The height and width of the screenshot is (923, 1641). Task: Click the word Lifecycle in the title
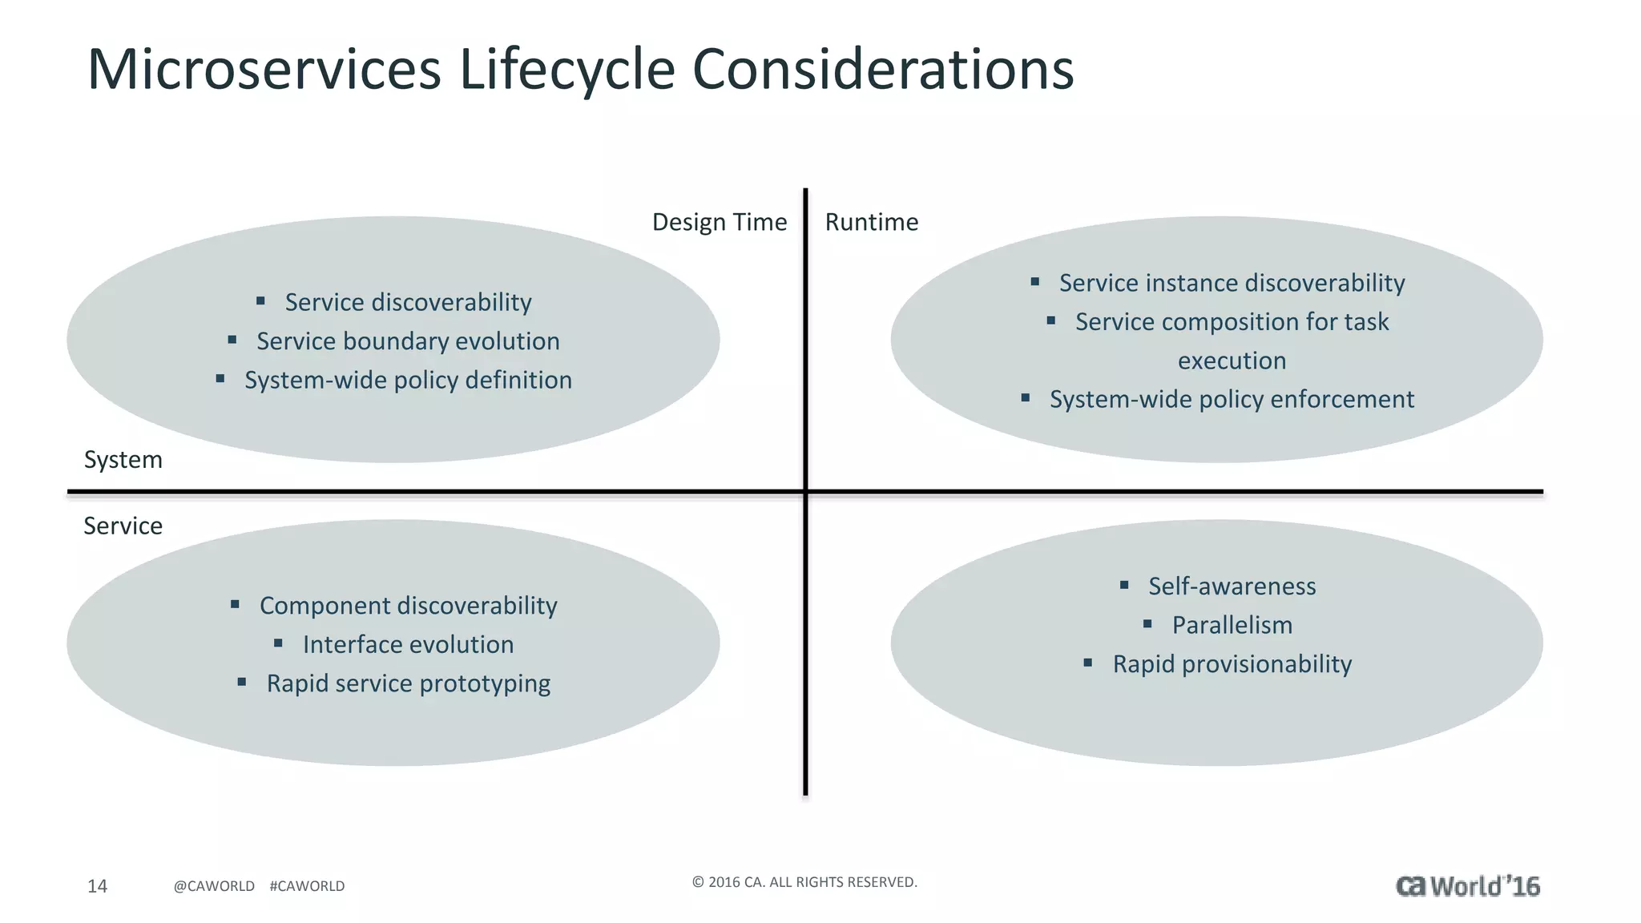[x=567, y=70]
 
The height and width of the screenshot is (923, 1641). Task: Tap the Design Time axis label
[x=719, y=222]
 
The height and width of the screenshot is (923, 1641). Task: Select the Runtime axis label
[x=871, y=222]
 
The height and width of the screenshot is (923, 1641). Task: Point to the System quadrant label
[x=123, y=460]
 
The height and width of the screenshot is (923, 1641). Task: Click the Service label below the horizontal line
[x=123, y=526]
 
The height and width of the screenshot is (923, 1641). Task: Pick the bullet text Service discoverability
[x=408, y=302]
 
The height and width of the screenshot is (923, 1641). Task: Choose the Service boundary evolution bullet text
[x=408, y=341]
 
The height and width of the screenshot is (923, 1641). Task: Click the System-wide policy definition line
[x=408, y=380]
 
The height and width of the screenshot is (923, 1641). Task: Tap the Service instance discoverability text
[x=1232, y=283]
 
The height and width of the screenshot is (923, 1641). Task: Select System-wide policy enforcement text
[x=1232, y=399]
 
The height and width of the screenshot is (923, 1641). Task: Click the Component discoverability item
[x=408, y=606]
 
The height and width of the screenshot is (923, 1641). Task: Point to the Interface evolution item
[x=408, y=644]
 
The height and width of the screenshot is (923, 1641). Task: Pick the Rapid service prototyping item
[x=408, y=683]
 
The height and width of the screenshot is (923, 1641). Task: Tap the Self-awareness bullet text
[x=1232, y=586]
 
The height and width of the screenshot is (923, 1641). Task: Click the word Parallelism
[x=1232, y=625]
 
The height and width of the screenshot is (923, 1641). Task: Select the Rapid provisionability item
[x=1232, y=664]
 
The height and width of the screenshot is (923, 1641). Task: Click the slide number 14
[x=97, y=886]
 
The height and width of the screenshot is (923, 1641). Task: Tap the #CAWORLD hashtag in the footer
[x=307, y=886]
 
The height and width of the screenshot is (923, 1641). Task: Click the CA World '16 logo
[x=1467, y=886]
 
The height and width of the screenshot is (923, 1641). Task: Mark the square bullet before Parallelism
[x=1147, y=623]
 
